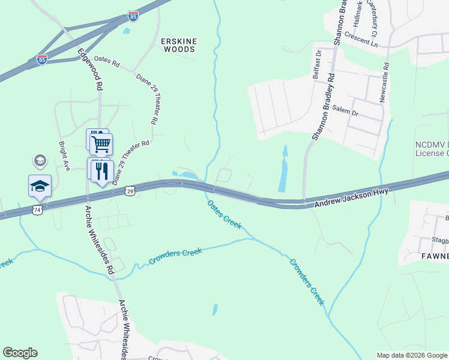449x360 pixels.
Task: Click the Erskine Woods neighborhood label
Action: coord(179,41)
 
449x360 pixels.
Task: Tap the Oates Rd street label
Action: coord(107,64)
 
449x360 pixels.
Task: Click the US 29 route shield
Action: coord(130,190)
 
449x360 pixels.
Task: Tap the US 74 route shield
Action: coord(37,209)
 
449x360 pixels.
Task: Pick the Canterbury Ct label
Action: coord(379,18)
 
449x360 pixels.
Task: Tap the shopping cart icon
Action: coord(101,144)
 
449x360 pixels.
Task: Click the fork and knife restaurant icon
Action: coord(103,170)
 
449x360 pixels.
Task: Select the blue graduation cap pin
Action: coord(40,186)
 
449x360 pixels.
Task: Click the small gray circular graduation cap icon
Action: coord(40,160)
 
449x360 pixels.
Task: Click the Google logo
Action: coord(20,353)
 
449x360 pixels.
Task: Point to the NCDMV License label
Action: coord(432,149)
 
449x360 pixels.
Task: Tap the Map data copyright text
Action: coord(411,355)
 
